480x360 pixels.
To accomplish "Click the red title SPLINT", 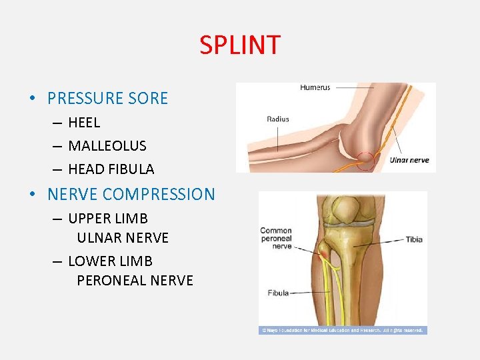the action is tap(240, 45).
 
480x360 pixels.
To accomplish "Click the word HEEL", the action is tap(84, 123).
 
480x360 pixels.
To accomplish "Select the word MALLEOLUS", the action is tap(107, 145).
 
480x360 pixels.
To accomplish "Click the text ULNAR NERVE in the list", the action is tap(123, 238).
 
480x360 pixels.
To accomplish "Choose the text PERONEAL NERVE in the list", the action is tap(135, 281).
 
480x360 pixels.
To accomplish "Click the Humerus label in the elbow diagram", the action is tap(315, 87).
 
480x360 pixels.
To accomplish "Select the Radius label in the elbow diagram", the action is tap(278, 119).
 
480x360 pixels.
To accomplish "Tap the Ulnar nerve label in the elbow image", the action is tap(409, 160).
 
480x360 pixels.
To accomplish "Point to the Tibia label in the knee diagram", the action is tap(413, 240).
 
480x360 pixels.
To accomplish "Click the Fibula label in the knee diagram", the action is tap(278, 293).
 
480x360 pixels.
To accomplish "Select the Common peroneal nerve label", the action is tap(276, 238).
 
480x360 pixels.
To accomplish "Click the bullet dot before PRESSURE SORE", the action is tap(32, 99).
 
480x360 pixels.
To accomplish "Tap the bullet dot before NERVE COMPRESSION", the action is tap(32, 195).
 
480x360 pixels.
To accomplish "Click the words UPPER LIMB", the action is tap(108, 219).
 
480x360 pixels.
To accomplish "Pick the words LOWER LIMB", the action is tap(110, 261).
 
